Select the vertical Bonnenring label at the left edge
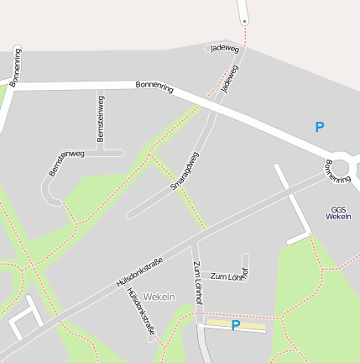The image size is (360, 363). (x=17, y=66)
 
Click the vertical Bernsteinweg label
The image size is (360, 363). (x=101, y=118)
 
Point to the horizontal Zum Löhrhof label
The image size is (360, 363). (x=228, y=276)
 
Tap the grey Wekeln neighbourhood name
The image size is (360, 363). (x=159, y=297)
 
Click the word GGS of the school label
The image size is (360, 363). (x=338, y=209)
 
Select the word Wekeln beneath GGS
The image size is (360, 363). (x=338, y=217)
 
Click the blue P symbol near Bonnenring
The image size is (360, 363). (x=319, y=128)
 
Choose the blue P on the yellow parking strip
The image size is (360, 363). (x=236, y=325)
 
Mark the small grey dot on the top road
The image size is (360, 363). (x=244, y=20)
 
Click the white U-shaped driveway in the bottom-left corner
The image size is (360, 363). (x=25, y=314)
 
